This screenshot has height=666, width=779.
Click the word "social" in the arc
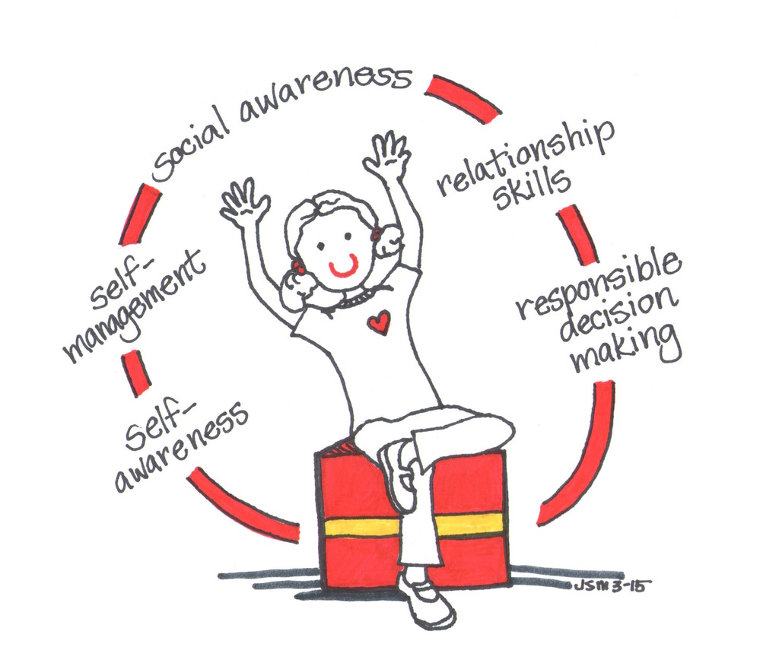(x=191, y=147)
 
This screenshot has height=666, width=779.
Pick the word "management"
(x=134, y=306)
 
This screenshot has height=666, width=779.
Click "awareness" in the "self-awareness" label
(x=181, y=446)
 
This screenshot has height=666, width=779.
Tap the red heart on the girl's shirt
(x=379, y=322)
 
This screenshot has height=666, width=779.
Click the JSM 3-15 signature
(x=610, y=585)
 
